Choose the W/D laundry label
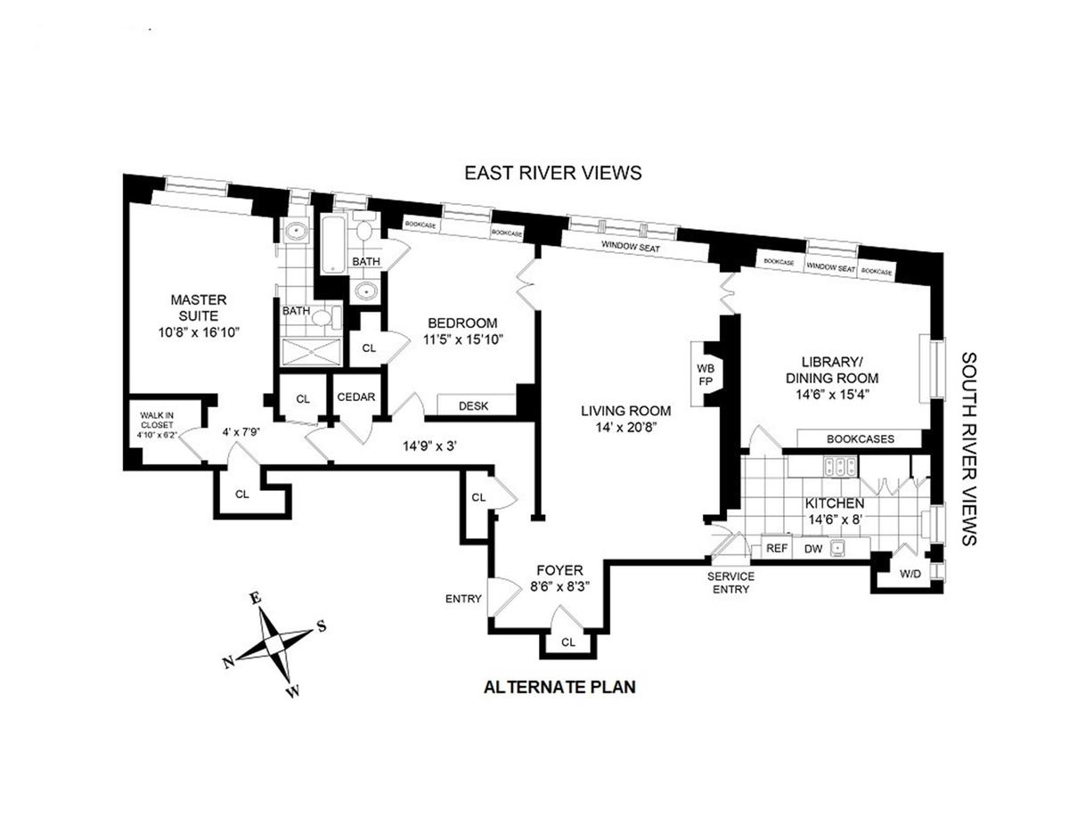click(x=910, y=575)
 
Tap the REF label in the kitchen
click(x=777, y=549)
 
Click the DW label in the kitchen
click(x=812, y=549)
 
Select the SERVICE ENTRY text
click(x=731, y=583)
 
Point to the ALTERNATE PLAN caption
click(x=559, y=687)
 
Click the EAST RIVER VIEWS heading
click(x=552, y=173)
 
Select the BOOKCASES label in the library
click(x=860, y=439)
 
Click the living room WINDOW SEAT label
click(x=630, y=248)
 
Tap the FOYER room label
click(x=560, y=570)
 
